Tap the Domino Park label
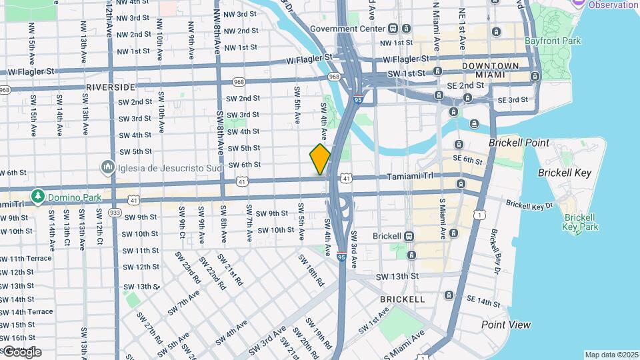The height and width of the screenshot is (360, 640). coord(74,197)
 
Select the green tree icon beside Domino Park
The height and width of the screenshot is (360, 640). coord(39,197)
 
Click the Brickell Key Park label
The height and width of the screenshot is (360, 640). coord(580,222)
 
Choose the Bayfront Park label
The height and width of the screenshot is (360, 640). coord(552,41)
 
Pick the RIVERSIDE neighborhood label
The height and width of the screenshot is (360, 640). coord(111,87)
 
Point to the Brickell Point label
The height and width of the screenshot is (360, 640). coord(519,143)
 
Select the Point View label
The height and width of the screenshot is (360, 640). coord(507,325)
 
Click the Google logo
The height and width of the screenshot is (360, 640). coord(21,351)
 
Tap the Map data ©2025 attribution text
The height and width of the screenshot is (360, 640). coord(611,355)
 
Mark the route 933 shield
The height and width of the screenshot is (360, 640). coord(115,213)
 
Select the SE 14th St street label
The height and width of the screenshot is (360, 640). coord(483,302)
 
